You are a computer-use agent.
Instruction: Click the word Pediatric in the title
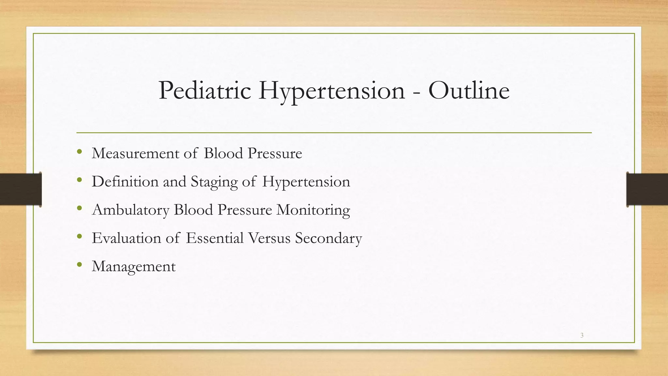(205, 90)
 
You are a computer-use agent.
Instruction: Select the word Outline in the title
(469, 90)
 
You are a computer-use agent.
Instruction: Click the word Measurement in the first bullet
(135, 153)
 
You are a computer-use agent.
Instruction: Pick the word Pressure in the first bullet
(275, 153)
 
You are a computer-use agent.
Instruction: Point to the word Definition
(125, 181)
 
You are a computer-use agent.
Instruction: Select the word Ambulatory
(130, 210)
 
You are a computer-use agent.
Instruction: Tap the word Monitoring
(313, 210)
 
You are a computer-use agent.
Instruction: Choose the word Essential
(215, 238)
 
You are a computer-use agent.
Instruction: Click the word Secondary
(328, 238)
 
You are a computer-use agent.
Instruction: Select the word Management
(134, 267)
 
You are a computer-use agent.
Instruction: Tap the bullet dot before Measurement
(79, 152)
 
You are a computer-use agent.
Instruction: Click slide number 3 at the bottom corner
(582, 335)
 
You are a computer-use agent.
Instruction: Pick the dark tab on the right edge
(647, 189)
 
